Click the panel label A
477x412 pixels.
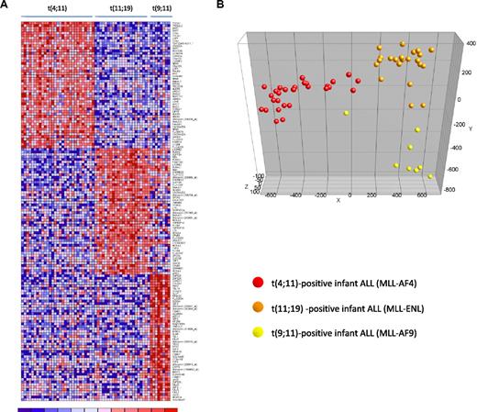[x=6, y=6]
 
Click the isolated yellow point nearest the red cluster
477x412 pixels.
[x=346, y=113]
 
